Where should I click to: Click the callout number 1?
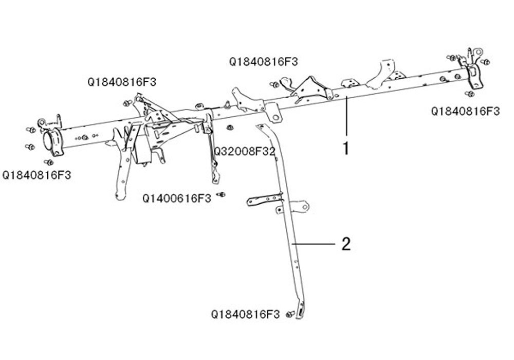(x=346, y=149)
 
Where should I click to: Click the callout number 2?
(x=346, y=243)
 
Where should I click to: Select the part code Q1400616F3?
(x=177, y=199)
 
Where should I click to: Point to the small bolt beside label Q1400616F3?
(x=222, y=194)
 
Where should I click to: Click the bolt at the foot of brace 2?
(x=290, y=313)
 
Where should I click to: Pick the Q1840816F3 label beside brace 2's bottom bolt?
(x=245, y=314)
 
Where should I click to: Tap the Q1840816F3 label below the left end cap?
(x=36, y=175)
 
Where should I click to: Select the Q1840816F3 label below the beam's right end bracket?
(x=465, y=111)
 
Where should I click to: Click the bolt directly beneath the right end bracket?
(x=469, y=94)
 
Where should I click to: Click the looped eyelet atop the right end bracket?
(x=478, y=52)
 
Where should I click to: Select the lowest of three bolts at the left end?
(x=49, y=162)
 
